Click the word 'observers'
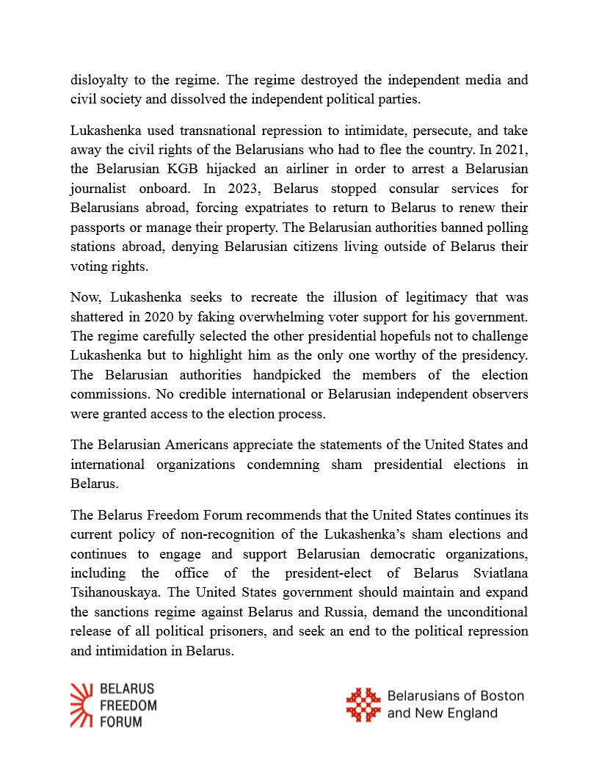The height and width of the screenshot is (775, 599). [x=498, y=393]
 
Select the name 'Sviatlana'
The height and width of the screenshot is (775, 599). [x=498, y=572]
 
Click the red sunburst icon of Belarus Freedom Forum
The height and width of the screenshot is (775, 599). [x=81, y=705]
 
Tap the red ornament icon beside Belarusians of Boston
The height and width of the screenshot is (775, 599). [x=363, y=705]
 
